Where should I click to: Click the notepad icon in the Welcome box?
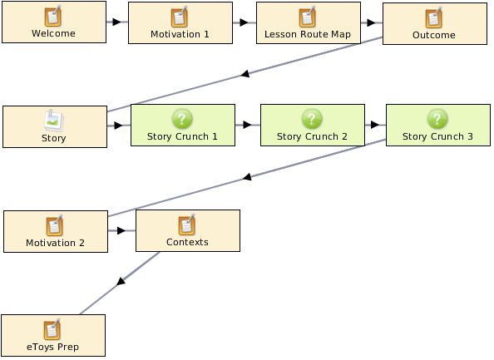pos(53,16)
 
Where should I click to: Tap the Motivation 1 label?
pos(180,34)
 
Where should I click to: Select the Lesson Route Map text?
pos(308,34)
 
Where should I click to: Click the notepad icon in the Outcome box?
pos(434,17)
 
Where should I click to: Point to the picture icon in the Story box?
pos(54,121)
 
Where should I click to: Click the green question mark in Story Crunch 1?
pos(182,119)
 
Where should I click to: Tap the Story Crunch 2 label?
pos(312,136)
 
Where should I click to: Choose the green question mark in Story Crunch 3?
pos(437,119)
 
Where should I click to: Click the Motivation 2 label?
pos(55,243)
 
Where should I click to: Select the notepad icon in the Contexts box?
pos(187,224)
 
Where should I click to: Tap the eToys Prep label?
pos(52,347)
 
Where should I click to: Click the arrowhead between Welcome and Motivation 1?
pos(117,22)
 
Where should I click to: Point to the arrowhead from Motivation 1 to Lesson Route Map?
pos(244,22)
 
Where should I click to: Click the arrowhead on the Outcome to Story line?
pos(245,74)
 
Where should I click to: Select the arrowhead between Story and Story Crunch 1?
pos(118,126)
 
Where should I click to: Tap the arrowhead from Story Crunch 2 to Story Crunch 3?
pos(375,125)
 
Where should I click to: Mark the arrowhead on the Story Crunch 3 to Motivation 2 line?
pos(247,177)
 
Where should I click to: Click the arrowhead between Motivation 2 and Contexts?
pos(121,230)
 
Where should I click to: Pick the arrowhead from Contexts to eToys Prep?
pos(121,281)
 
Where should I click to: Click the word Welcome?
pos(53,33)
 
